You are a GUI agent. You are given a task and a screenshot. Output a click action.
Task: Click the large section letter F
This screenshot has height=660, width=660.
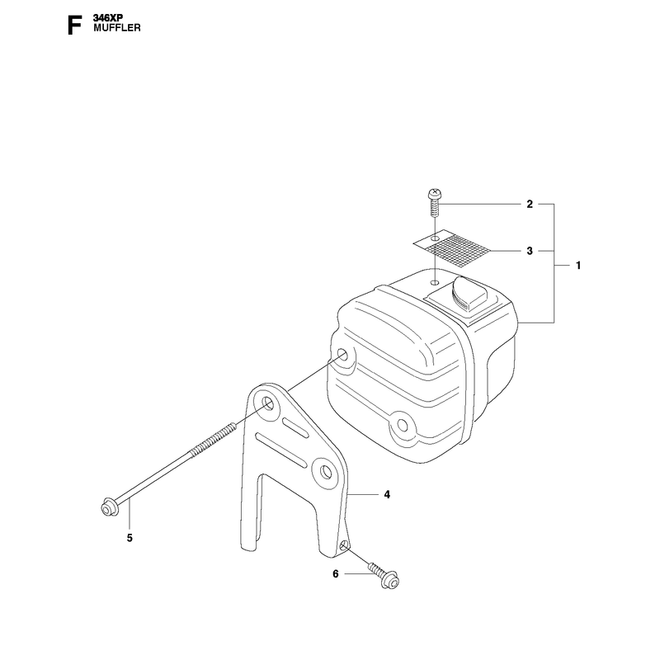(x=74, y=26)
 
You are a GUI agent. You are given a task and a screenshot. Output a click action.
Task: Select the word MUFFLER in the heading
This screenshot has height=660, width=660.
(x=117, y=28)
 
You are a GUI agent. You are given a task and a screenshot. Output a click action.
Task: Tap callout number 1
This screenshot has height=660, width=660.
(x=578, y=266)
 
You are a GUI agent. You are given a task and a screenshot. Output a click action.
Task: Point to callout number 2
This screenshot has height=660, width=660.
(x=530, y=204)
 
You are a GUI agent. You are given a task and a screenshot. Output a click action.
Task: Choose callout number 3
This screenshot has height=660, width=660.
(x=530, y=251)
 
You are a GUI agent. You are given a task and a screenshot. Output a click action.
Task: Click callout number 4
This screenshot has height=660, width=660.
(x=387, y=494)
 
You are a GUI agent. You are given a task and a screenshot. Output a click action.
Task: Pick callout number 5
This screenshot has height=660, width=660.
(x=130, y=538)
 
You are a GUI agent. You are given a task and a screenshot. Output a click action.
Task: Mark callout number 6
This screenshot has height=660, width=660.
(x=336, y=574)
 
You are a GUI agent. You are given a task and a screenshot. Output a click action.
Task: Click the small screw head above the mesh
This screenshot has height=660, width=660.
(x=435, y=194)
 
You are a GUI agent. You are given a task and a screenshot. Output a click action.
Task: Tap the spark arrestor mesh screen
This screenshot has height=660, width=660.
(x=452, y=248)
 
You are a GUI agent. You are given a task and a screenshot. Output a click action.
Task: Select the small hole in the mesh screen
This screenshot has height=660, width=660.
(x=436, y=239)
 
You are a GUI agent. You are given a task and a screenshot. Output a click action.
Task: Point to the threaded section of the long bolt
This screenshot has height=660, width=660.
(x=213, y=440)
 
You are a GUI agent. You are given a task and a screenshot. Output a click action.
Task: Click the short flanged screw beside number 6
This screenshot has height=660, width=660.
(x=384, y=575)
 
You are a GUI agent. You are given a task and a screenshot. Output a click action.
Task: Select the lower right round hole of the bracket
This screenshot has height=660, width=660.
(x=325, y=472)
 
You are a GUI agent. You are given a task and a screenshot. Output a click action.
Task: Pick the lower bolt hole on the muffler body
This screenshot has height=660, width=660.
(x=402, y=426)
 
